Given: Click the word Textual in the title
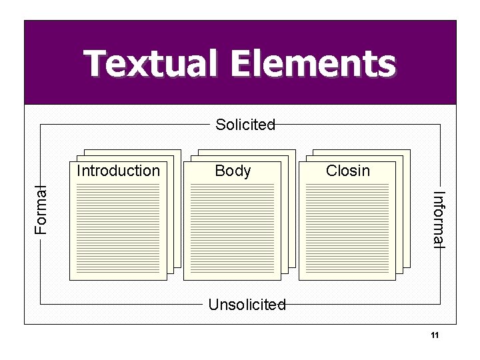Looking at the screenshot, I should click(151, 64).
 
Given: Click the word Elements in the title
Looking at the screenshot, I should click(313, 64).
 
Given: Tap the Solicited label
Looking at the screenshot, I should click(245, 125).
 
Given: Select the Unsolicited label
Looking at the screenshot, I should click(247, 305).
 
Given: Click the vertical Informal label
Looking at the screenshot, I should click(438, 219).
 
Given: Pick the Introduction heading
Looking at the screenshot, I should click(119, 171).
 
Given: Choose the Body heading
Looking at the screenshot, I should click(233, 171).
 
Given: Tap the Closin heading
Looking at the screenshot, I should click(347, 171).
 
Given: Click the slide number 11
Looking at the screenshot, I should click(434, 335).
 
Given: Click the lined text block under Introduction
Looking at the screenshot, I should click(119, 229).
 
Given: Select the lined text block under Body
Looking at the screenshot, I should click(233, 229).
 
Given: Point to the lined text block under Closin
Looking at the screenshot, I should click(347, 229).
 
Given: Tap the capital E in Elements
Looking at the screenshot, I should click(242, 64).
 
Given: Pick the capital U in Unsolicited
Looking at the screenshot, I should click(213, 305).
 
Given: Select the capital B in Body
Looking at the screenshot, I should click(219, 171).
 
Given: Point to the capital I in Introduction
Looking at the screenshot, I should click(79, 171).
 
